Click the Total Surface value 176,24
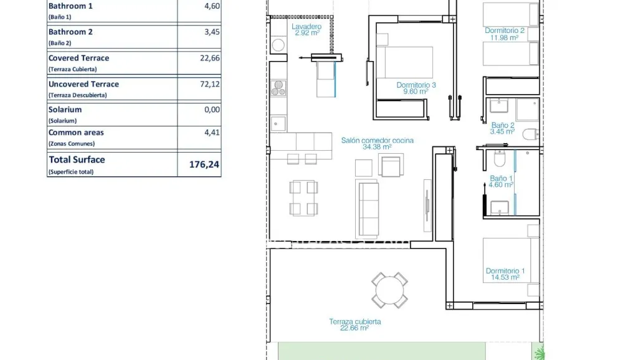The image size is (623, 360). [x=204, y=165]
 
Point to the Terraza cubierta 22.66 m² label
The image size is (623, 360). [x=355, y=324]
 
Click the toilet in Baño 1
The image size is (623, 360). [x=499, y=160]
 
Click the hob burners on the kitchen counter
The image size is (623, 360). [x=278, y=87]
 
